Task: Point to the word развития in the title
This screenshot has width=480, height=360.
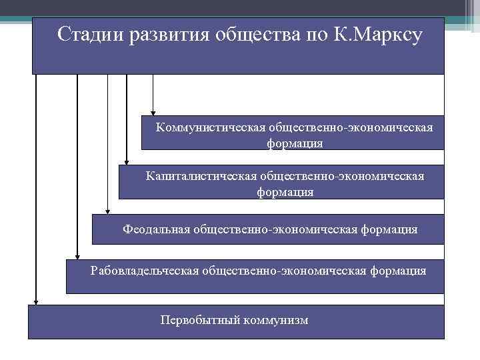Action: (164, 34)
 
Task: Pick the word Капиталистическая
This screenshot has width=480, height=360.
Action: (201, 177)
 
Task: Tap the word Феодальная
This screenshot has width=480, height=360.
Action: (156, 229)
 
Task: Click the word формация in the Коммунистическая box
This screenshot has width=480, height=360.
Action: (295, 143)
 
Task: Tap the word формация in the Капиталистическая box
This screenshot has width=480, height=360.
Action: (285, 192)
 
